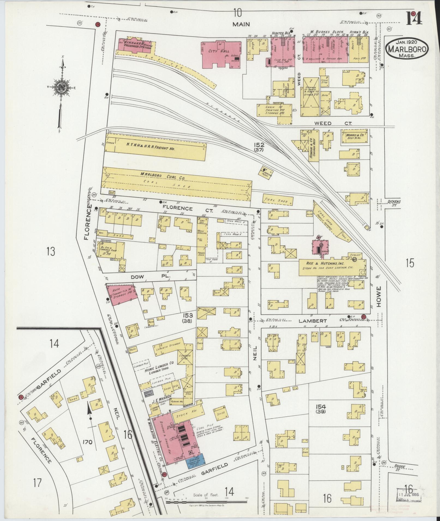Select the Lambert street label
click(x=312, y=321)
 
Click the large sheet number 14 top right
click(x=414, y=18)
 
